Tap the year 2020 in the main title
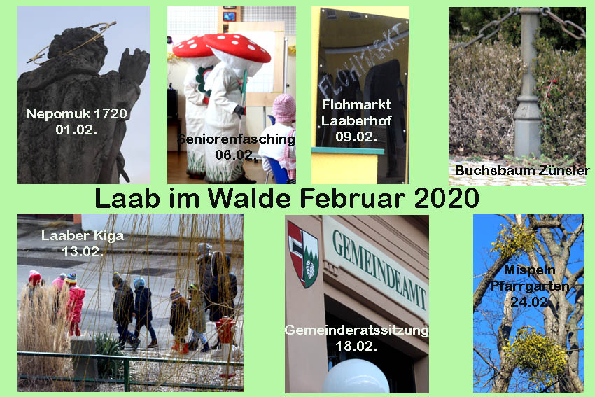pos(447,197)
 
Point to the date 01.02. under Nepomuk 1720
pos(76,130)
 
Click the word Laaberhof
pos(356,120)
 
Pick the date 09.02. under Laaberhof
pos(356,137)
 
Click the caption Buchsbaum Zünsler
pos(523,170)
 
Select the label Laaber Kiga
pos(83,236)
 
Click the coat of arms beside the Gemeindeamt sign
pos(302,255)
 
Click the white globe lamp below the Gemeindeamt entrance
pos(356,377)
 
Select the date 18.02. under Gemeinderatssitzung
pos(356,346)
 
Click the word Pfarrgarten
pos(530,286)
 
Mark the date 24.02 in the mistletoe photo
pos(530,302)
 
